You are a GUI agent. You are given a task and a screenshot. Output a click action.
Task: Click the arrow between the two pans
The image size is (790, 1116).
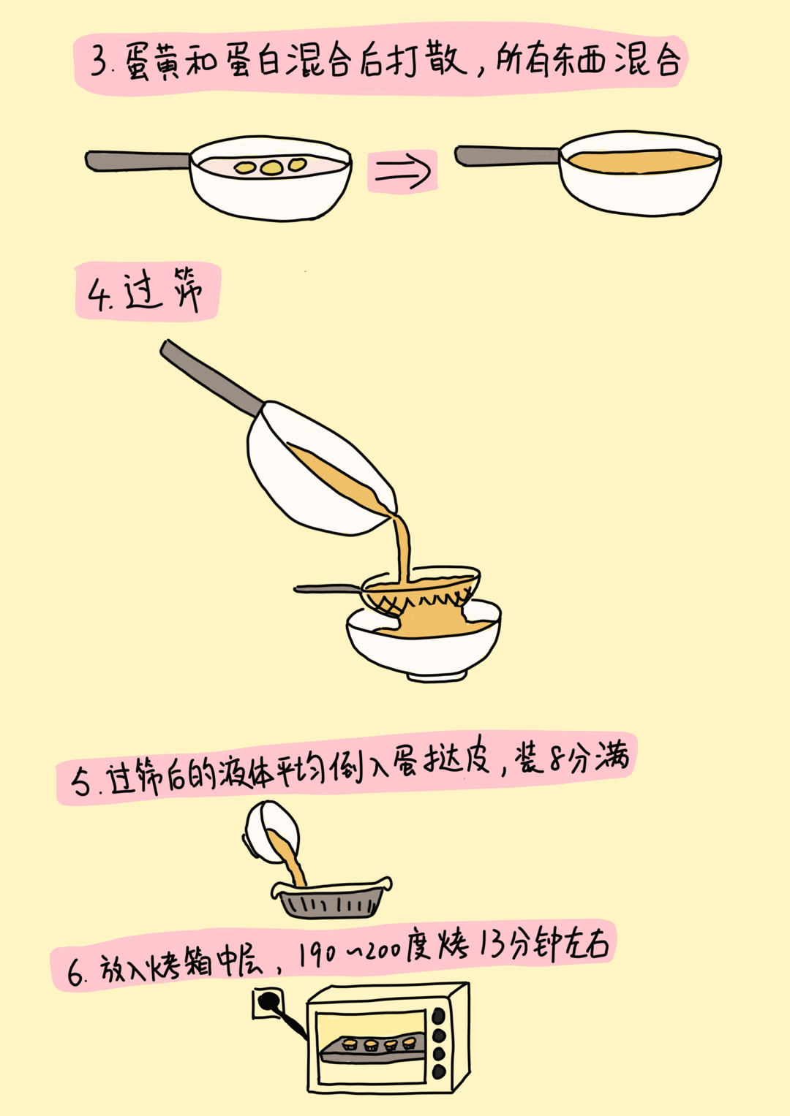[402, 172]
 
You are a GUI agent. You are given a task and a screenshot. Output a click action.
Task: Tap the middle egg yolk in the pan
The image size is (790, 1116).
[271, 168]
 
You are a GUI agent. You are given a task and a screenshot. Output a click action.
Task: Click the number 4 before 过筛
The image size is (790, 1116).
[97, 295]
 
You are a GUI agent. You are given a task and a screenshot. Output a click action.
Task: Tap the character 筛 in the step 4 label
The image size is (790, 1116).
[186, 289]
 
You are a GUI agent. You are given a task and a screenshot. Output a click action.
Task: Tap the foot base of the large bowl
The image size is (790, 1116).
[432, 677]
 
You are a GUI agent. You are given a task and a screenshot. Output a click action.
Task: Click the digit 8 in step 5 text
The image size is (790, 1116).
[557, 760]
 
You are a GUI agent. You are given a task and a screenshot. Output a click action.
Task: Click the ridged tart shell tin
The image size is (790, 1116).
[333, 902]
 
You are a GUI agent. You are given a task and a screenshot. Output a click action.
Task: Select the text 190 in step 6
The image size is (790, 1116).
[317, 953]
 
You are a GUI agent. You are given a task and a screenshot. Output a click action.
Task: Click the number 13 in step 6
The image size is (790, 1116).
[492, 944]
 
